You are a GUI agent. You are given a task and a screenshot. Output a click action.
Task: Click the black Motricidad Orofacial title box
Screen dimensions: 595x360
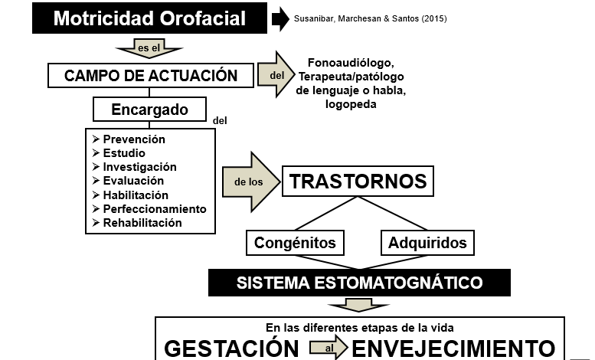click(x=149, y=18)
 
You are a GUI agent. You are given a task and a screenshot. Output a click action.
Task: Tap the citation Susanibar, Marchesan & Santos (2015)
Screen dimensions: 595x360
click(x=371, y=18)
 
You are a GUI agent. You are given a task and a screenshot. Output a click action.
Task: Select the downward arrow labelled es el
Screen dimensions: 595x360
click(x=149, y=48)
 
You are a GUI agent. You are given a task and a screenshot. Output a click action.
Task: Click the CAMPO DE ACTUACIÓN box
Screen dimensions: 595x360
click(x=151, y=76)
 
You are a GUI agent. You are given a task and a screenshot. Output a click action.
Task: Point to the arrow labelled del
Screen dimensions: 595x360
click(x=276, y=74)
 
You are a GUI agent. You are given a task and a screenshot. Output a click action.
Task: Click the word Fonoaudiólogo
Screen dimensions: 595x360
click(x=351, y=63)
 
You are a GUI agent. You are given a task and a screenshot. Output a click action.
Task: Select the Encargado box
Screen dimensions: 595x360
click(x=150, y=110)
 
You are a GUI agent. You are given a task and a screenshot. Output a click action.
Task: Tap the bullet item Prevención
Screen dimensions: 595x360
click(x=129, y=139)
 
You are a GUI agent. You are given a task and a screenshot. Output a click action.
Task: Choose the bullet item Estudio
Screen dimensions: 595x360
click(x=119, y=153)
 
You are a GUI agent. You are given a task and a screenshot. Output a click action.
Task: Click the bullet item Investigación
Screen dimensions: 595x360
click(x=134, y=167)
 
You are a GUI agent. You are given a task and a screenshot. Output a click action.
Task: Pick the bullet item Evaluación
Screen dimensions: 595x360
click(x=128, y=181)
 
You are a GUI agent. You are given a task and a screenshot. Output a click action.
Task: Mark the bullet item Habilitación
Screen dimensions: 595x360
click(x=130, y=195)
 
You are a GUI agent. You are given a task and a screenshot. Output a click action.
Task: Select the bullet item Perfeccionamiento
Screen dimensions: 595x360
click(x=149, y=209)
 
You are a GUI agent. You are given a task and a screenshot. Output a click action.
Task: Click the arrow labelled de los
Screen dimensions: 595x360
click(x=251, y=182)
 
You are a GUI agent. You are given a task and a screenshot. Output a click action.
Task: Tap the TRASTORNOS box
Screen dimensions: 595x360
click(x=358, y=181)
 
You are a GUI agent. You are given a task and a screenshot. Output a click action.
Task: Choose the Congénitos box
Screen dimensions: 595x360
click(x=296, y=243)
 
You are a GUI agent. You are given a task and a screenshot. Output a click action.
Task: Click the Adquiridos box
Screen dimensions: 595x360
click(x=427, y=243)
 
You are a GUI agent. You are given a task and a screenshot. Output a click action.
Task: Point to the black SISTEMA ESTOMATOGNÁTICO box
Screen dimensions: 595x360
click(x=359, y=283)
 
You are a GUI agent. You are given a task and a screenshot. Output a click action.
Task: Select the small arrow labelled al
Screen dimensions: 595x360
click(x=329, y=347)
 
